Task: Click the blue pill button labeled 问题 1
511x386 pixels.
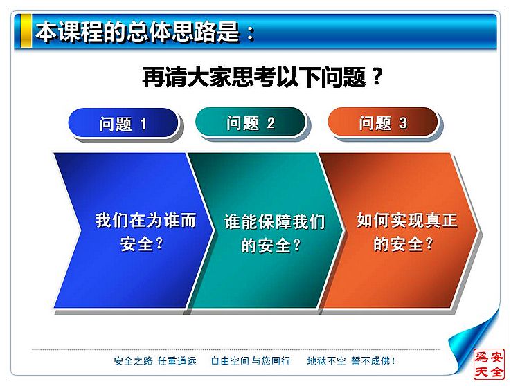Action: tap(123, 123)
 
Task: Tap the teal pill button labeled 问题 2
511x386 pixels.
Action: tap(250, 122)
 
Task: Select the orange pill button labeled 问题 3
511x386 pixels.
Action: tap(383, 122)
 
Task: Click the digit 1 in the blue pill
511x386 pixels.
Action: tap(143, 124)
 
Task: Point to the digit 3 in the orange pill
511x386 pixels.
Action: tap(403, 123)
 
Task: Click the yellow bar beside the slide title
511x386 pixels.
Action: tap(26, 30)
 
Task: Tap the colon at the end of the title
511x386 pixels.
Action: tap(251, 33)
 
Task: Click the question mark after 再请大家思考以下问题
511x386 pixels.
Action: tap(377, 77)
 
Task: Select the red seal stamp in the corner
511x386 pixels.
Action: tap(489, 364)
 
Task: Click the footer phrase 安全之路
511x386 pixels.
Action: tap(134, 361)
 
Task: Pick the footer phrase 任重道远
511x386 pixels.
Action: tap(177, 361)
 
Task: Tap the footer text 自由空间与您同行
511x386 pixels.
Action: tap(251, 361)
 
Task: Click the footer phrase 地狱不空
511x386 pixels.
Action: tap(326, 361)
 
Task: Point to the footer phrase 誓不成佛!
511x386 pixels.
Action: tap(373, 361)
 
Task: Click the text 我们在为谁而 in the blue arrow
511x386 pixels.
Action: tap(145, 221)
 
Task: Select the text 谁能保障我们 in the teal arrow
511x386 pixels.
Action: tap(274, 222)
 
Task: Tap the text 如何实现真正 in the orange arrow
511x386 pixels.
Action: tap(407, 221)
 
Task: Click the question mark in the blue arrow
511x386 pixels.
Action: tap(159, 243)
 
